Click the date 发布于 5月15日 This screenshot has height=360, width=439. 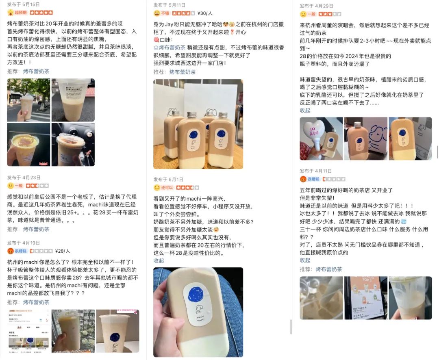click(x=23, y=4)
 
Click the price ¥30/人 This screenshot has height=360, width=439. click(x=204, y=13)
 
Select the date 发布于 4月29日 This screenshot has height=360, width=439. click(x=316, y=6)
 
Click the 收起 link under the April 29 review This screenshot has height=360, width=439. click(x=305, y=111)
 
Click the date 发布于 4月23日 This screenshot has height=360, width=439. click(x=24, y=178)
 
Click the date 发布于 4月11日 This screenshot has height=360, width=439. click(x=316, y=171)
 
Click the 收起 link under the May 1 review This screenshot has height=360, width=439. click(x=159, y=260)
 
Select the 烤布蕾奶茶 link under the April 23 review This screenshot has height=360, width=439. click(x=36, y=229)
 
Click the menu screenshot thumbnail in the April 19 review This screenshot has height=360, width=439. click(x=28, y=331)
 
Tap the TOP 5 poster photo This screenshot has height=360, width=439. click(x=365, y=297)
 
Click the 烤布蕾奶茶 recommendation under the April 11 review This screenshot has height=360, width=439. click(x=328, y=269)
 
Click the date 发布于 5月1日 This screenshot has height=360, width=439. click(x=168, y=179)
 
